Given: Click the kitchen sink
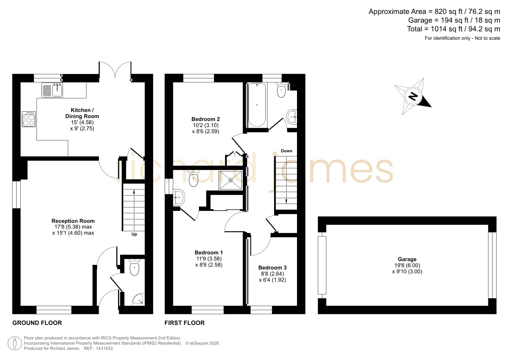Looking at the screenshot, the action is [x=52, y=90].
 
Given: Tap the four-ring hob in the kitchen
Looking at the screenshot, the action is [x=29, y=119].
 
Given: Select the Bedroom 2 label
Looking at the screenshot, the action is [x=206, y=119].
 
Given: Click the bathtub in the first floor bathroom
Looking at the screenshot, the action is [x=257, y=105].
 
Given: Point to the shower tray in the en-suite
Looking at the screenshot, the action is [x=231, y=180].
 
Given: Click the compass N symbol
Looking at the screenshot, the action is [x=413, y=96].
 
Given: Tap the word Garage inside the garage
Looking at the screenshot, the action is [x=407, y=259].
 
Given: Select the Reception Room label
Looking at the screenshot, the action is [x=73, y=221].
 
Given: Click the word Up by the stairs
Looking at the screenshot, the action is [x=134, y=234].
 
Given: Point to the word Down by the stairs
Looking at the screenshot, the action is [x=287, y=151].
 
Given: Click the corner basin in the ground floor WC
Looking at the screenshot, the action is [x=138, y=299].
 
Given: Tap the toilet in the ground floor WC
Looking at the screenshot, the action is [x=135, y=267].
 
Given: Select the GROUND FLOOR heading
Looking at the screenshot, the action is [x=37, y=323].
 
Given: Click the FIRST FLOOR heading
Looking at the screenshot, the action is [x=184, y=323].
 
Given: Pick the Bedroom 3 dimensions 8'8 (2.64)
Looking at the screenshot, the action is [x=273, y=274].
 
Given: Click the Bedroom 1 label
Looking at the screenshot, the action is [x=209, y=253].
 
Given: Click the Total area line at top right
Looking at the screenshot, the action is [x=454, y=29].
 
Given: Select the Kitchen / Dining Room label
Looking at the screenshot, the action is [x=82, y=113].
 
